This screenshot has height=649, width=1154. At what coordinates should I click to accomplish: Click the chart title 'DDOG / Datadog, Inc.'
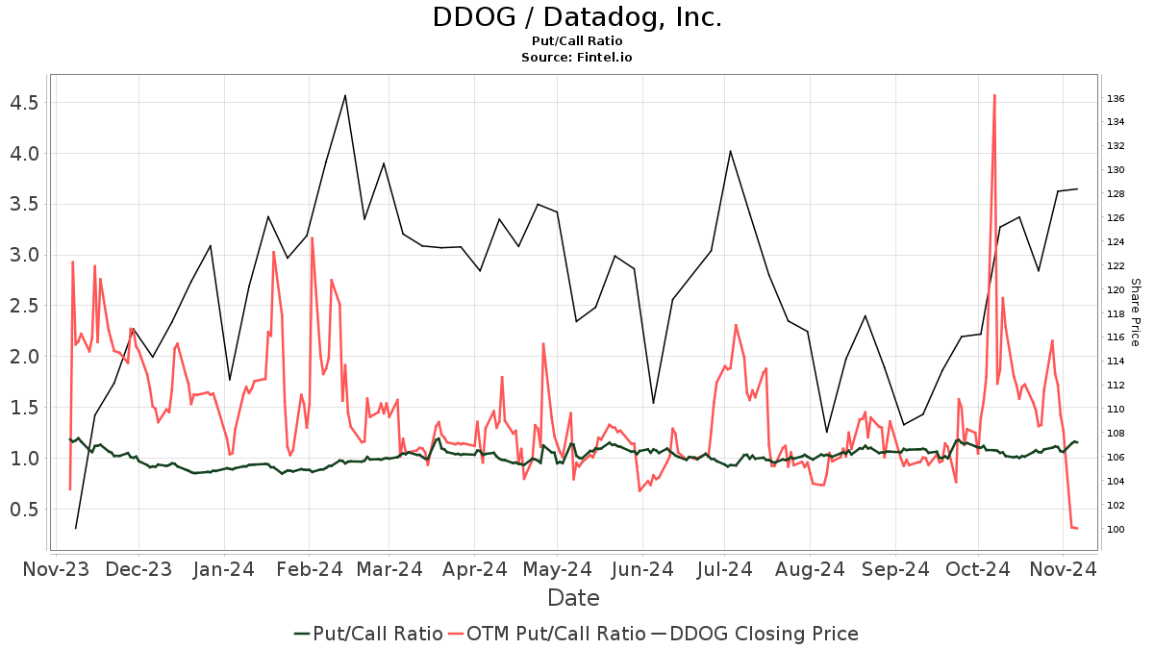(577, 18)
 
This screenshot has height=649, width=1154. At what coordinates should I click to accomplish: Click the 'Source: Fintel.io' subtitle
(577, 57)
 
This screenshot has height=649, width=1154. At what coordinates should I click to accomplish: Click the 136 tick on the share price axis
(1116, 98)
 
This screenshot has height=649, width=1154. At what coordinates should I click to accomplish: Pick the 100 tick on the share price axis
(1116, 529)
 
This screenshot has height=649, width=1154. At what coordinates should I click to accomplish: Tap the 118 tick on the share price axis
(1116, 313)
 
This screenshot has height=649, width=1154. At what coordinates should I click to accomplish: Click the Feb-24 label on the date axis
(309, 569)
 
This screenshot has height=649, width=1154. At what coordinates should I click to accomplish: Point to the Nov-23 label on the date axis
(56, 569)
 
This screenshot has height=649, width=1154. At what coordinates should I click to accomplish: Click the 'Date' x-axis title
(573, 598)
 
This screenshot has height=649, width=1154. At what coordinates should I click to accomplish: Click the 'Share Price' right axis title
(1135, 312)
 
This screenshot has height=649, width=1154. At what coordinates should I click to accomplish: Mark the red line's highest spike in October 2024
(994, 95)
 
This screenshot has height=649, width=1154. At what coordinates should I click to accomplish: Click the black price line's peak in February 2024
(345, 95)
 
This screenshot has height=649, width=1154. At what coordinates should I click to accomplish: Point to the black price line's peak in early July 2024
(730, 151)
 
